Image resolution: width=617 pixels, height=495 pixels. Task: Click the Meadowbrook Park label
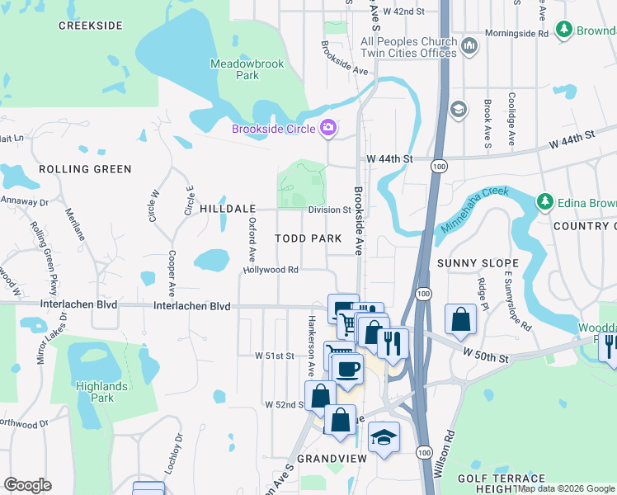click(234, 69)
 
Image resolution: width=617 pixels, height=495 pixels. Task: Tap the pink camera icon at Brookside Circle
click(328, 128)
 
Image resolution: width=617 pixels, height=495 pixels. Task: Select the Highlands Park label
click(101, 392)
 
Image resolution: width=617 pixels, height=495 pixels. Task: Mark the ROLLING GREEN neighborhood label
click(85, 169)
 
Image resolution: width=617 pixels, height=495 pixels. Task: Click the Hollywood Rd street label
click(271, 270)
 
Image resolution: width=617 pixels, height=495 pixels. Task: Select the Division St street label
click(330, 210)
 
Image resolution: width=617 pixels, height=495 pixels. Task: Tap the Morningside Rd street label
click(520, 34)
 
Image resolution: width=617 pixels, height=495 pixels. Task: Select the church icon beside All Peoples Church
click(470, 45)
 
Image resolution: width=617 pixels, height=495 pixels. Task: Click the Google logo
click(28, 485)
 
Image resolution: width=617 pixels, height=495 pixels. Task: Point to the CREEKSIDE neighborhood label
click(91, 26)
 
